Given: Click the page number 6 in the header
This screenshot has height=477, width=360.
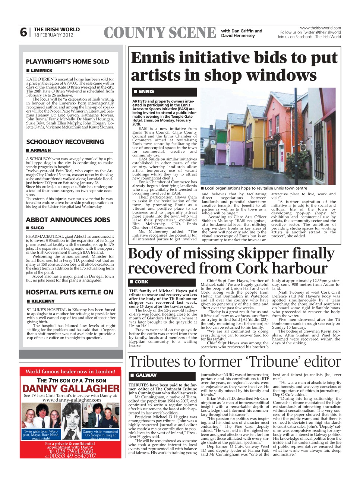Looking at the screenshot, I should [23, 32].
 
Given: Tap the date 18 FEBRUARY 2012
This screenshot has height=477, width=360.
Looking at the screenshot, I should [53, 35].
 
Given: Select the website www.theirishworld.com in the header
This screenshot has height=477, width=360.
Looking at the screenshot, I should [320, 28].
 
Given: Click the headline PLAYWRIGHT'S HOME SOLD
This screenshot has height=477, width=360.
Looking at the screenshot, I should [67, 61].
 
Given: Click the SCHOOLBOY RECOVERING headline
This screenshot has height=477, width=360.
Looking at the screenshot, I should [65, 142].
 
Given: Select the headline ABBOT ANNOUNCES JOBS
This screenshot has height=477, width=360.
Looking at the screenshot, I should [68, 220].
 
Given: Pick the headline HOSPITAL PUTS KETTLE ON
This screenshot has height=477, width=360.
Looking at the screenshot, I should [69, 292].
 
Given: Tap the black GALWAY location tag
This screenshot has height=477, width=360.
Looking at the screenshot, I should [146, 375].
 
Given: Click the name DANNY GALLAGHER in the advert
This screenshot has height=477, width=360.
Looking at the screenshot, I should [71, 389].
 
